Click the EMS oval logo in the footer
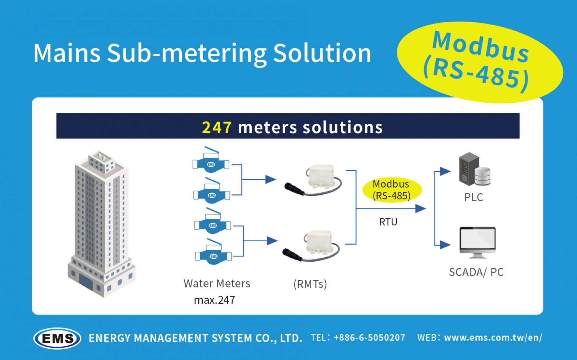57,338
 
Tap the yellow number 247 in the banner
216,127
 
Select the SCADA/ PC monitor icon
477,242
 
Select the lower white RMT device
317,244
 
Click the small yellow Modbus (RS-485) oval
392,190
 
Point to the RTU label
388,222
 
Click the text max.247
215,300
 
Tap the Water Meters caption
217,284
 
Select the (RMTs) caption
310,284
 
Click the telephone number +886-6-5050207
369,338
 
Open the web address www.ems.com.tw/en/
493,338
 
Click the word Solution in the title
322,53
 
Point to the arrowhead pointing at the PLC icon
445,171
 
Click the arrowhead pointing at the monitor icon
445,245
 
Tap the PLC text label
474,197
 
